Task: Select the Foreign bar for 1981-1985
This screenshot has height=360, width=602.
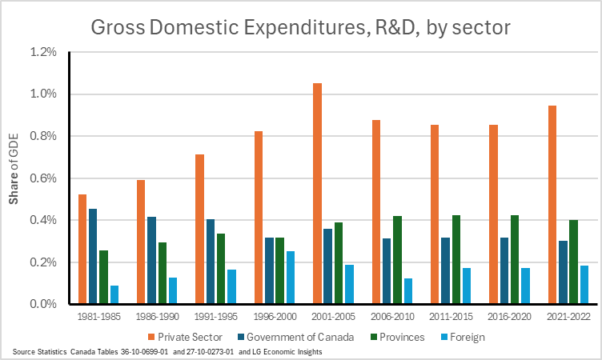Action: coord(114,294)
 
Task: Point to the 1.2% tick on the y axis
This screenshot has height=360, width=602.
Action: coord(43,52)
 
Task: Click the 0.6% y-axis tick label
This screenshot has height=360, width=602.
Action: coord(43,178)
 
